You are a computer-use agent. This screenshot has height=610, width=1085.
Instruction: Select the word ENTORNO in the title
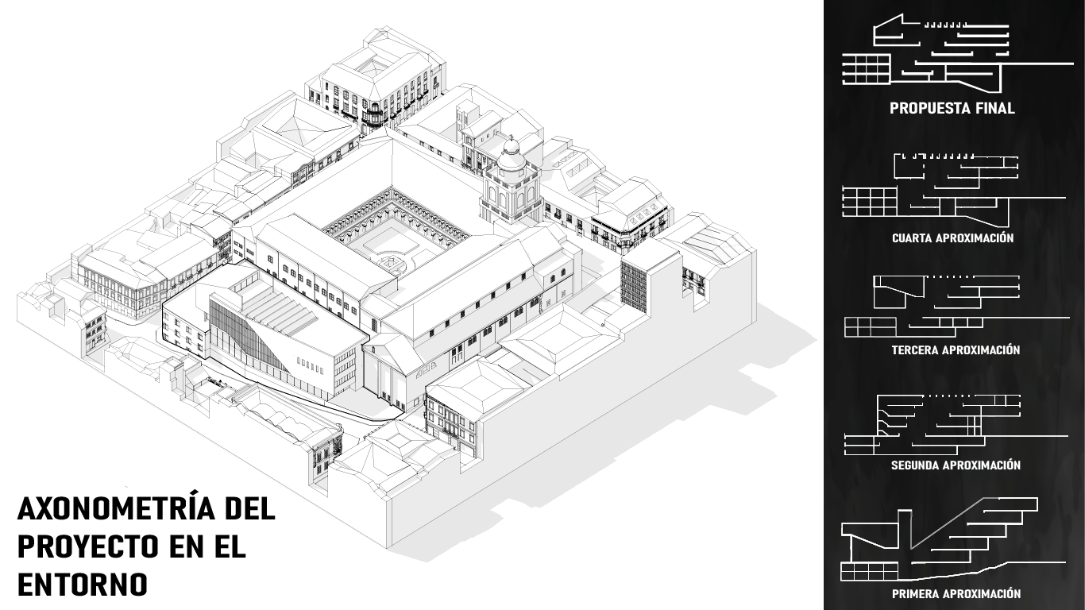(x=83, y=585)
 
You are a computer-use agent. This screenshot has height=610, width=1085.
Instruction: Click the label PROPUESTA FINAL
(x=952, y=109)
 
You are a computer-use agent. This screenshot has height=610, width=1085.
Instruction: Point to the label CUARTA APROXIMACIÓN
(x=952, y=237)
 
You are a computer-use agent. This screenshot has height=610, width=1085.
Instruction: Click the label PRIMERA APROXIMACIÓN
(x=956, y=593)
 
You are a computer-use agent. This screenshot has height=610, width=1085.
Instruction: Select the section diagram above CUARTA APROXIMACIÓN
(x=945, y=187)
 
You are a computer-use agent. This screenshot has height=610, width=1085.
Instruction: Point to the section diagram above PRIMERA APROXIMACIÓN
(x=937, y=540)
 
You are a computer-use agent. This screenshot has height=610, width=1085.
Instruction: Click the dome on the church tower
(x=512, y=152)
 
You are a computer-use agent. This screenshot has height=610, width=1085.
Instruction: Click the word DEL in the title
(x=249, y=509)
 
